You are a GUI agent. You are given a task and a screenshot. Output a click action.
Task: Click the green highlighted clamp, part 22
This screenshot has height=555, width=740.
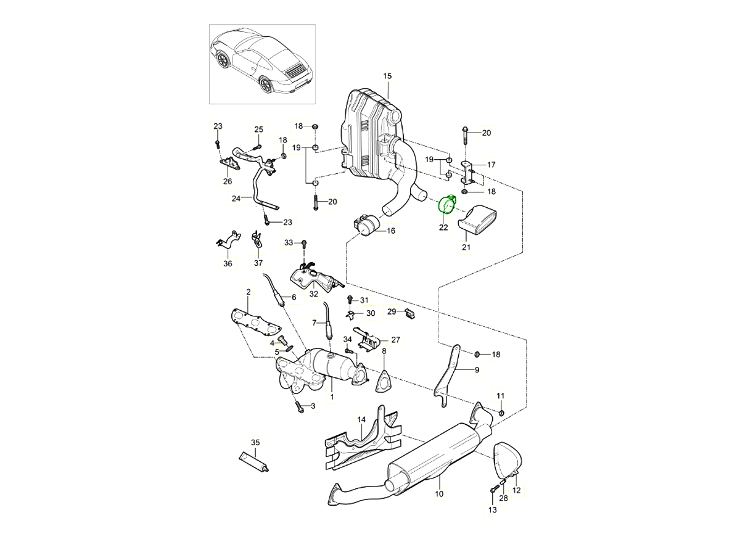pos(446,205)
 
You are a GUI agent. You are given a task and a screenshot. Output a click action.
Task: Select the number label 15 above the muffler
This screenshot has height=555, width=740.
pos(387,76)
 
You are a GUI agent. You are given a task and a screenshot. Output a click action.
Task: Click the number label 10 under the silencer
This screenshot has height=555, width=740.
pos(439,494)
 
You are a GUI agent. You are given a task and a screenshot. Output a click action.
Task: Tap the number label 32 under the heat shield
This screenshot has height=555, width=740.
pos(314,294)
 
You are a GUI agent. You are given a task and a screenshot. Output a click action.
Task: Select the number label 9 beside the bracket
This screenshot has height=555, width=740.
pos(477,370)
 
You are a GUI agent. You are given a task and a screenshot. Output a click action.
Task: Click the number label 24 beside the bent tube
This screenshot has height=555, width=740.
pos(236,199)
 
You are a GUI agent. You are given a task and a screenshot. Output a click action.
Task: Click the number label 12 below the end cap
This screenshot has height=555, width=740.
pos(517,490)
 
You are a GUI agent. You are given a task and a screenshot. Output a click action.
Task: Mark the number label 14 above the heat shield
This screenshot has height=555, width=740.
pos(362,419)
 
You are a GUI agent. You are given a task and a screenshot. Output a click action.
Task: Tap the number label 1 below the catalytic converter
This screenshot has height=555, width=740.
pos(332,397)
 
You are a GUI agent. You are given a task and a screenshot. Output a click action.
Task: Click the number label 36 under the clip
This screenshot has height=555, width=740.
pos(228,263)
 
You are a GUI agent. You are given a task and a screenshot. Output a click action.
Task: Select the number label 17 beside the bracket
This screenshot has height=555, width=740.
pos(491,165)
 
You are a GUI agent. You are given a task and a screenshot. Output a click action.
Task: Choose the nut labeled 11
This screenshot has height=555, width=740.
pos(501,412)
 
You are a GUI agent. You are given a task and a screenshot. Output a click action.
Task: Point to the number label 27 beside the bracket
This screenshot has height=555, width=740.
pos(395,339)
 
